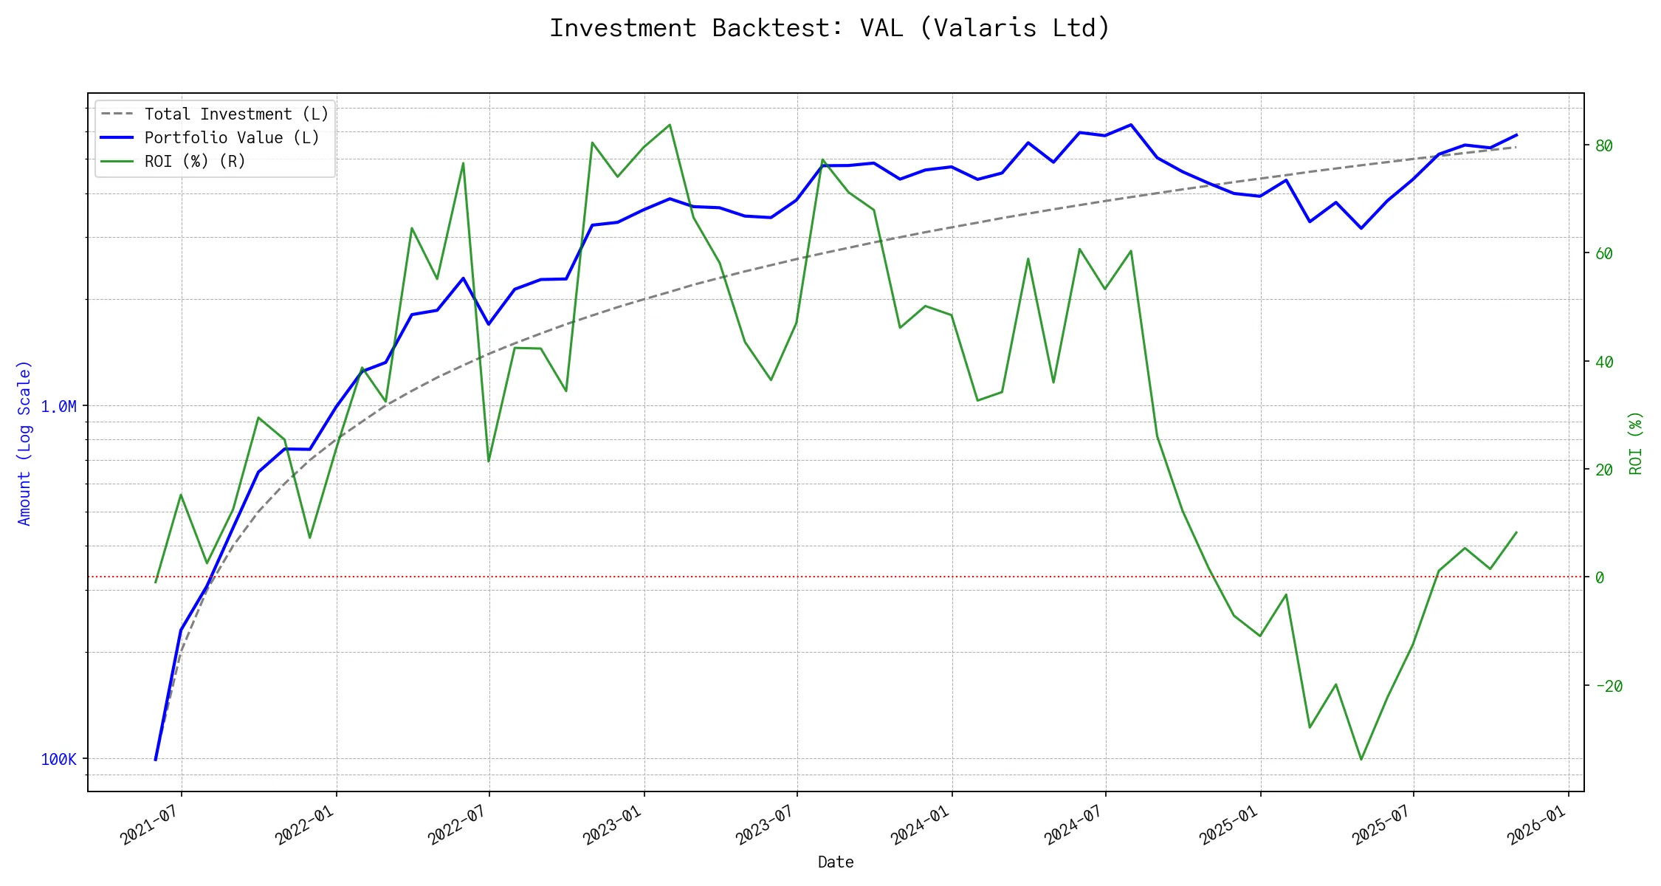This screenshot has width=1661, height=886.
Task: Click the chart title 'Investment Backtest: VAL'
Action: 830,28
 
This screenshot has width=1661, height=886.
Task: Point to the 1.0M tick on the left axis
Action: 58,407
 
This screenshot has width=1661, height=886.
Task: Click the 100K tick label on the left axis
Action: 58,760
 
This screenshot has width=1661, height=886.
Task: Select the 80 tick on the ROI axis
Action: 1603,146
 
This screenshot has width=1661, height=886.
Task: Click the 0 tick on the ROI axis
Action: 1600,577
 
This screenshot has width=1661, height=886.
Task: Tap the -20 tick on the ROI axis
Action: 1609,686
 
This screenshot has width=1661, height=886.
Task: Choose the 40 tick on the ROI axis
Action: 1603,362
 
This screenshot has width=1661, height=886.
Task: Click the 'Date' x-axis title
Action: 836,862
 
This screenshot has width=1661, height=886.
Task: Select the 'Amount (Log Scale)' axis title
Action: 24,443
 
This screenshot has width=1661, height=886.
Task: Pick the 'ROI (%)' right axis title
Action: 1636,443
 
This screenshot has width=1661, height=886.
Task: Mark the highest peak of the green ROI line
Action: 670,125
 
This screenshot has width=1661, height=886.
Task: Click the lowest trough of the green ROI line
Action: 1361,760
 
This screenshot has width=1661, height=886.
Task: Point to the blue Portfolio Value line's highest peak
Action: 1131,125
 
